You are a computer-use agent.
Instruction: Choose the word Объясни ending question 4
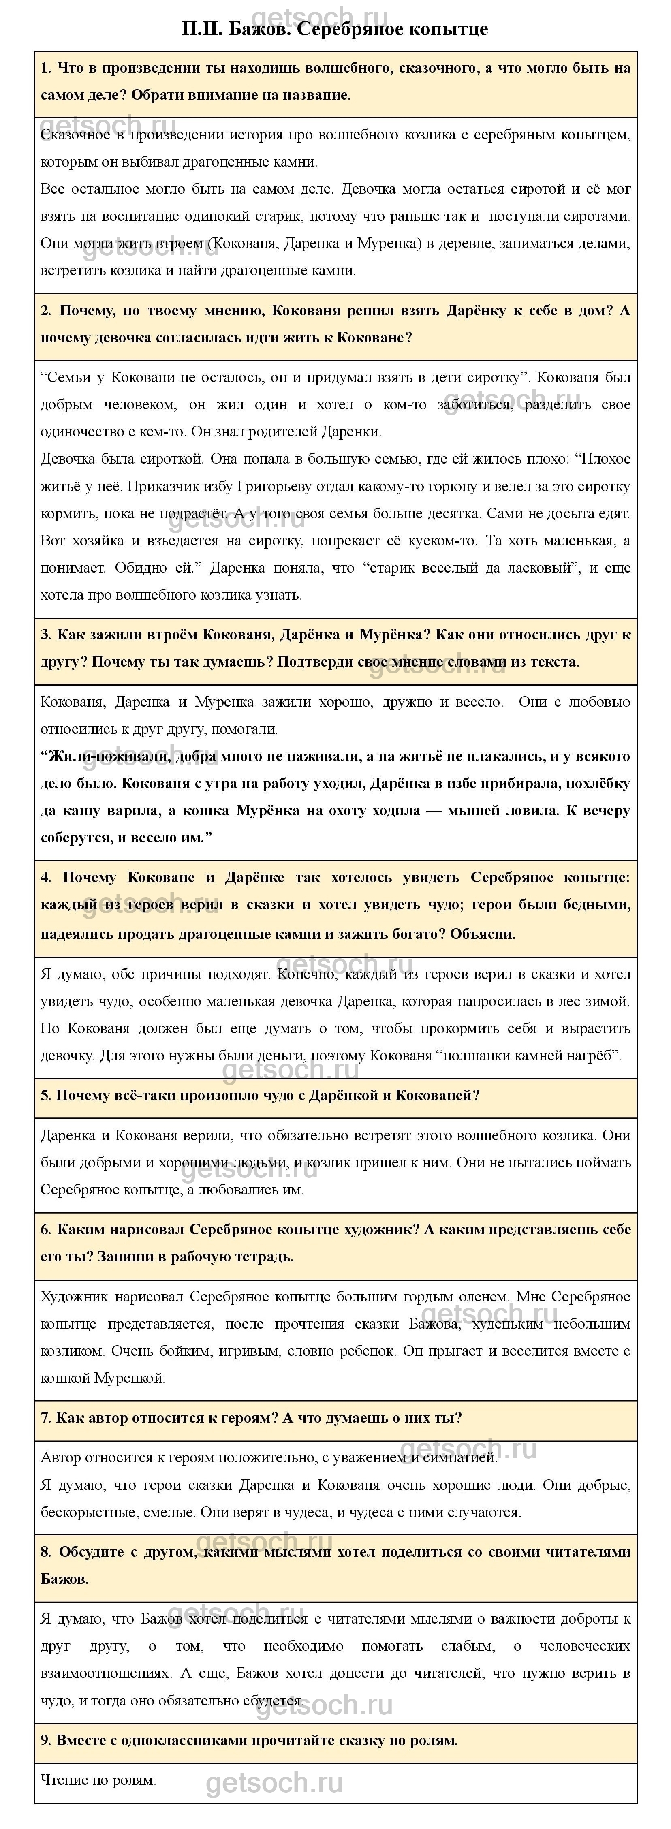coord(483,934)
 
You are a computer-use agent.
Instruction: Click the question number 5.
coord(45,1096)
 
